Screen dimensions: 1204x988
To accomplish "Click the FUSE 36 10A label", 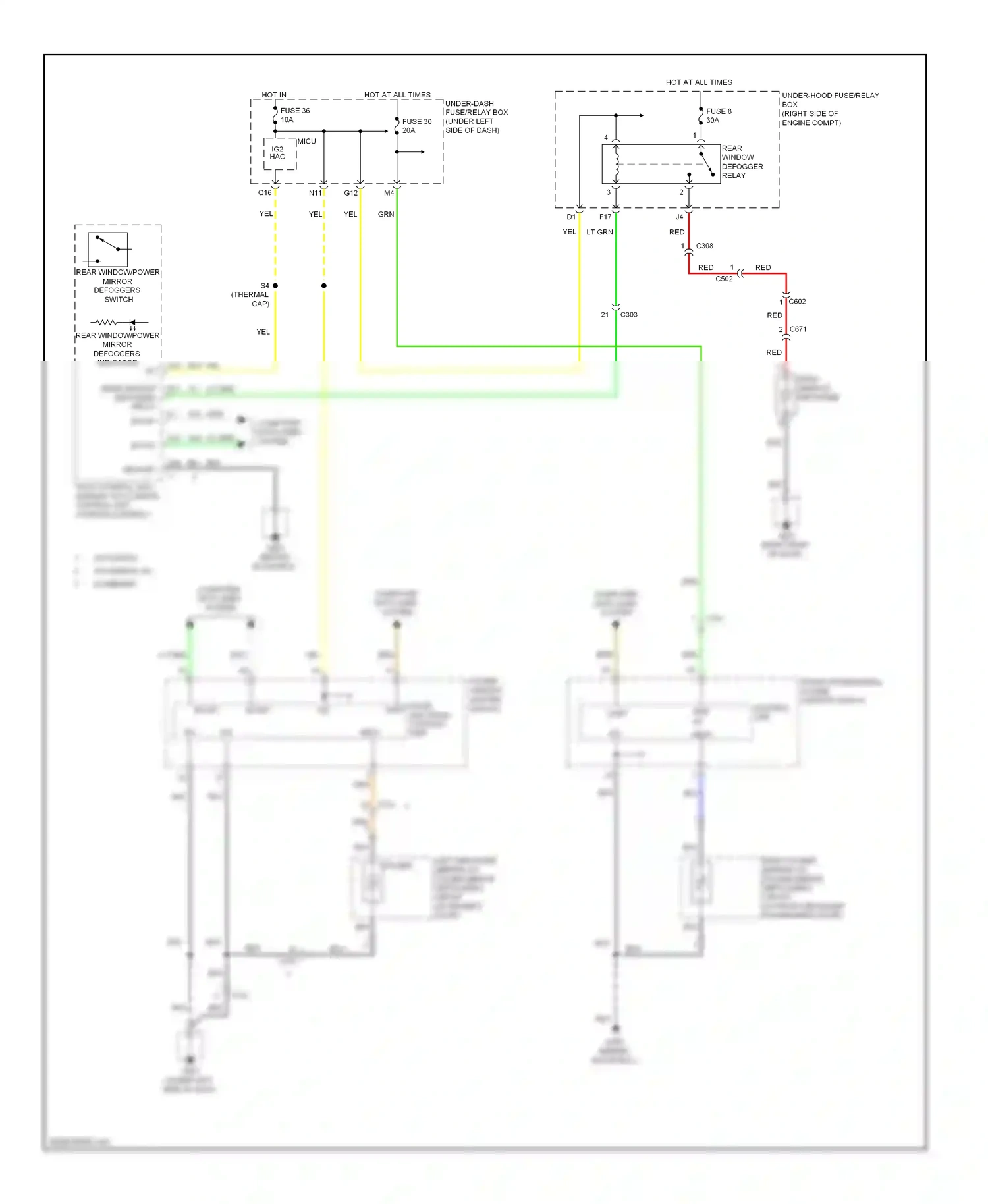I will tap(294, 115).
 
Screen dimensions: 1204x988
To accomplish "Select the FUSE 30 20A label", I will tap(416, 126).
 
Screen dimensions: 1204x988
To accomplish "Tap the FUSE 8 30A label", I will tap(718, 116).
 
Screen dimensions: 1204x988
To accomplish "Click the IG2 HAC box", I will tap(278, 153).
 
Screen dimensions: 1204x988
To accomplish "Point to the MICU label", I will tap(306, 142).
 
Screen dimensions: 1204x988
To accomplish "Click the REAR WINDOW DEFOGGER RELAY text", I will tap(742, 162).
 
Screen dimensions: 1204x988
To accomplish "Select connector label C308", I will tap(704, 246).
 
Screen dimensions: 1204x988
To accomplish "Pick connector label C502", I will tap(724, 279).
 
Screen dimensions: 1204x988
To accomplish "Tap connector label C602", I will tap(797, 302).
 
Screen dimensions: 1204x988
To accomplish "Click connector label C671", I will tap(798, 329).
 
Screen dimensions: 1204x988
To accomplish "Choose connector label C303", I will tap(628, 315).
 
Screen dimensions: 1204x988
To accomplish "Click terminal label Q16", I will tap(264, 193).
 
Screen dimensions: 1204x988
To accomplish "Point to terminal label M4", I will tap(389, 193).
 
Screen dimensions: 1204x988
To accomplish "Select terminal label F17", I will tap(605, 217).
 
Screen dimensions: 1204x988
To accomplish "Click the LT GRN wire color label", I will tap(599, 233).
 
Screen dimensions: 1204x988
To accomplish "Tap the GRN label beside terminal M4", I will tap(386, 215).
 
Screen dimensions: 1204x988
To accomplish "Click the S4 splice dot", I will tap(275, 286).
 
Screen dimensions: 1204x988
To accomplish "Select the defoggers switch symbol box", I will tap(107, 250).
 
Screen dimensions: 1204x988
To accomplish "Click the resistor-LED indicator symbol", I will tap(119, 323).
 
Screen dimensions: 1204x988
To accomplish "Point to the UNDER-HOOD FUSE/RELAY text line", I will tap(830, 96).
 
